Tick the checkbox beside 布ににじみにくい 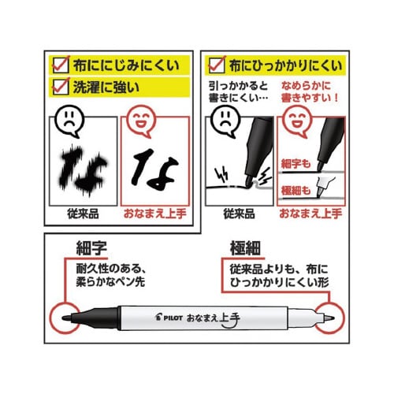61,65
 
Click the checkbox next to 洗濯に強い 61,87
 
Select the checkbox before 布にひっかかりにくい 217,65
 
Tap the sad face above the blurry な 69,121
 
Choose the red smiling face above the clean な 141,121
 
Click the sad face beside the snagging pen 225,121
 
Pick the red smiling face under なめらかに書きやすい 297,121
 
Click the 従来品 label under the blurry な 83,214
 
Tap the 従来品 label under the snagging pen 239,214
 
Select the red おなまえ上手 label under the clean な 155,214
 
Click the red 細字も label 295,164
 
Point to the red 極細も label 295,190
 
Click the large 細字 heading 91,248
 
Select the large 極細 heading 245,248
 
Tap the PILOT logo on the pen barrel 169,318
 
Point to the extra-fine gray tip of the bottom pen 329,318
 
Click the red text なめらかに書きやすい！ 310,91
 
